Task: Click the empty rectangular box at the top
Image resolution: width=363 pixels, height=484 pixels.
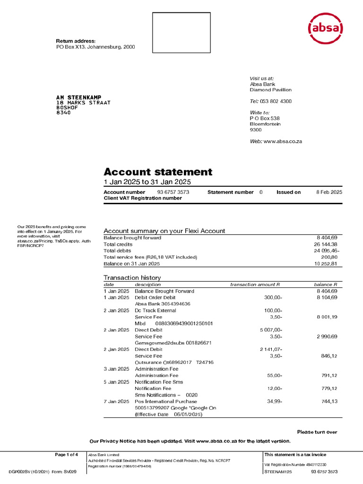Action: (181, 33)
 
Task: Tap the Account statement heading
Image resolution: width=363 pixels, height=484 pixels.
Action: (158, 172)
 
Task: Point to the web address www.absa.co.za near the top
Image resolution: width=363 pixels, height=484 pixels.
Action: (282, 141)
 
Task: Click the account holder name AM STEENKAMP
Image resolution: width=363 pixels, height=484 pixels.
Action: (78, 97)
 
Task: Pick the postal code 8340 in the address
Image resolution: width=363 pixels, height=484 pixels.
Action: (63, 112)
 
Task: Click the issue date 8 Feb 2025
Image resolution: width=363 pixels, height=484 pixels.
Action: (329, 192)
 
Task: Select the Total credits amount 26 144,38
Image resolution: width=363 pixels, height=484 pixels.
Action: (324, 244)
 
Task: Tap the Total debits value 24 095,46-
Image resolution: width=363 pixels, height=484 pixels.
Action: (323, 251)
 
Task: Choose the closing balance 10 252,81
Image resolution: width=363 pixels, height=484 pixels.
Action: (324, 264)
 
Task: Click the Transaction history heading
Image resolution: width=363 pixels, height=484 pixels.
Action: (132, 277)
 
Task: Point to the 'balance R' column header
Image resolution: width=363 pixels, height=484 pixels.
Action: (325, 285)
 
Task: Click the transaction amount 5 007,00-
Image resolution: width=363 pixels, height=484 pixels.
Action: (271, 330)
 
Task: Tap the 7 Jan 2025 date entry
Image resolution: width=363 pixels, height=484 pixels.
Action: (116, 401)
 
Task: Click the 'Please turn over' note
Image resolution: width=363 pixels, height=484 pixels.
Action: (317, 432)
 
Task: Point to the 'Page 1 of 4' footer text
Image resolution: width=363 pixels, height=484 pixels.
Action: (67, 455)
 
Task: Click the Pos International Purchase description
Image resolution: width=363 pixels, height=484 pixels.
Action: (166, 401)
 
